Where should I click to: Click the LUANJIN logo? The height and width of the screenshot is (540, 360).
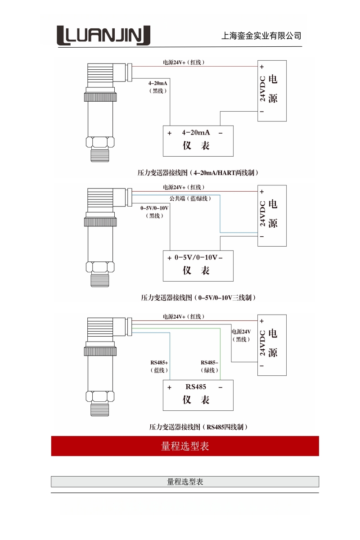(x=103, y=36)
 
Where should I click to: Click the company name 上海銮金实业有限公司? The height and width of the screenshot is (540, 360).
(x=261, y=36)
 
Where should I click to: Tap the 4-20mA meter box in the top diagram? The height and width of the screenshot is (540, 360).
(x=198, y=140)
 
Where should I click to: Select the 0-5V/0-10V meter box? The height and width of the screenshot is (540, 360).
(x=198, y=265)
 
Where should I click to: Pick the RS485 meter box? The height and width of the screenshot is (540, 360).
(x=198, y=394)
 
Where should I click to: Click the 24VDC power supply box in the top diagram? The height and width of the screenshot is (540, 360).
(x=272, y=90)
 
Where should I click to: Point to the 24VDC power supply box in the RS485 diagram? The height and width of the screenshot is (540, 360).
(x=272, y=345)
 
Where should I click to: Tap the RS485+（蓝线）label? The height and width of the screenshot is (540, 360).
(x=159, y=366)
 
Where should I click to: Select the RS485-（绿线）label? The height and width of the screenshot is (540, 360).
(x=209, y=366)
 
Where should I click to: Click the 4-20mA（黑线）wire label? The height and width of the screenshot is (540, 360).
(x=158, y=87)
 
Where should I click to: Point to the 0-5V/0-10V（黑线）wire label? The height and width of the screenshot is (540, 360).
(x=154, y=211)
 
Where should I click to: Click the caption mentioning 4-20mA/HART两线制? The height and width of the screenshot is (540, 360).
(x=198, y=172)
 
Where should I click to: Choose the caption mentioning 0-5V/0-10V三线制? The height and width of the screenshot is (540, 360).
(x=198, y=297)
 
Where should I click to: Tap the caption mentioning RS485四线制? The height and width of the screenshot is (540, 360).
(x=198, y=427)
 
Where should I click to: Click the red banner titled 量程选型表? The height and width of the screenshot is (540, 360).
(x=185, y=446)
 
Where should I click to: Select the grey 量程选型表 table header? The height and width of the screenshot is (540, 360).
(x=185, y=481)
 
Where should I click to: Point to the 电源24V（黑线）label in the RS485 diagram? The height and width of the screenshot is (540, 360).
(x=241, y=335)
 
